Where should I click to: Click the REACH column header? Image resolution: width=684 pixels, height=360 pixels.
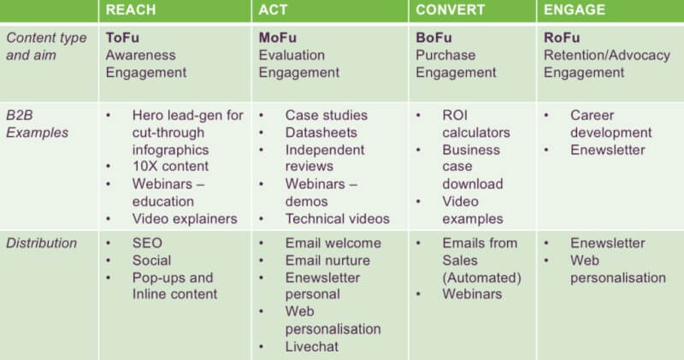click(132, 10)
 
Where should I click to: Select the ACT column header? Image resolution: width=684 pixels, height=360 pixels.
click(274, 10)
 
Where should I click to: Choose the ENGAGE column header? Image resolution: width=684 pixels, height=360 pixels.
click(575, 10)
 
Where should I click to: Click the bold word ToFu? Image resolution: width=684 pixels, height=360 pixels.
click(123, 38)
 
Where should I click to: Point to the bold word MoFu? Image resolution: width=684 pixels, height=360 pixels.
click(278, 38)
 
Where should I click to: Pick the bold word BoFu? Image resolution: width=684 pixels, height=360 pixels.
click(433, 38)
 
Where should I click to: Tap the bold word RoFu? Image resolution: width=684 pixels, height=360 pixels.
click(562, 38)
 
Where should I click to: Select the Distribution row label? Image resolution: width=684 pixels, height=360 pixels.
click(42, 243)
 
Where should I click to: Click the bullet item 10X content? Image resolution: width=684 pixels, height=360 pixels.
click(170, 167)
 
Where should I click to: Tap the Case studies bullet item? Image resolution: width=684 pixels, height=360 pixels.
click(326, 115)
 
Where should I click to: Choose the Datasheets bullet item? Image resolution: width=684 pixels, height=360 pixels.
click(320, 133)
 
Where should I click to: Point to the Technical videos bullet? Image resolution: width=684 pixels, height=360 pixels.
click(337, 218)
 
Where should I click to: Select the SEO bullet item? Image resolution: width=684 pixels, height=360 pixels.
click(146, 243)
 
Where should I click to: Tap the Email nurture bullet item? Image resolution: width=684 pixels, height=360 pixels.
click(328, 260)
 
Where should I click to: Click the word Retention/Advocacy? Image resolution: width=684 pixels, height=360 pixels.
click(607, 55)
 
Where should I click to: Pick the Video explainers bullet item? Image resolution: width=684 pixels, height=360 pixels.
click(184, 218)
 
